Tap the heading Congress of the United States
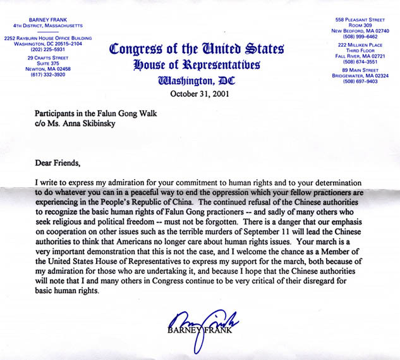(197, 49)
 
